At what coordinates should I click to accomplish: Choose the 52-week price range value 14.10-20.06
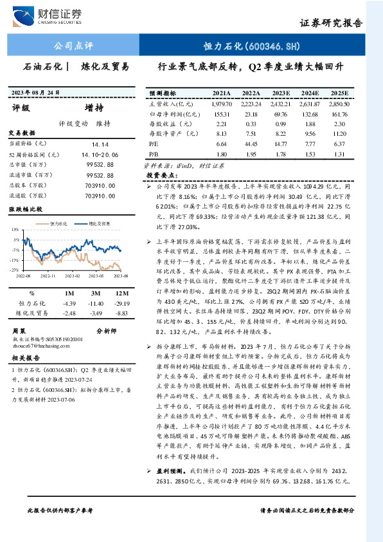tap(100, 155)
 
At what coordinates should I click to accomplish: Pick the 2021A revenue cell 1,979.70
tap(220, 104)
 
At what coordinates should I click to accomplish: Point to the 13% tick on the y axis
tap(13, 230)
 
